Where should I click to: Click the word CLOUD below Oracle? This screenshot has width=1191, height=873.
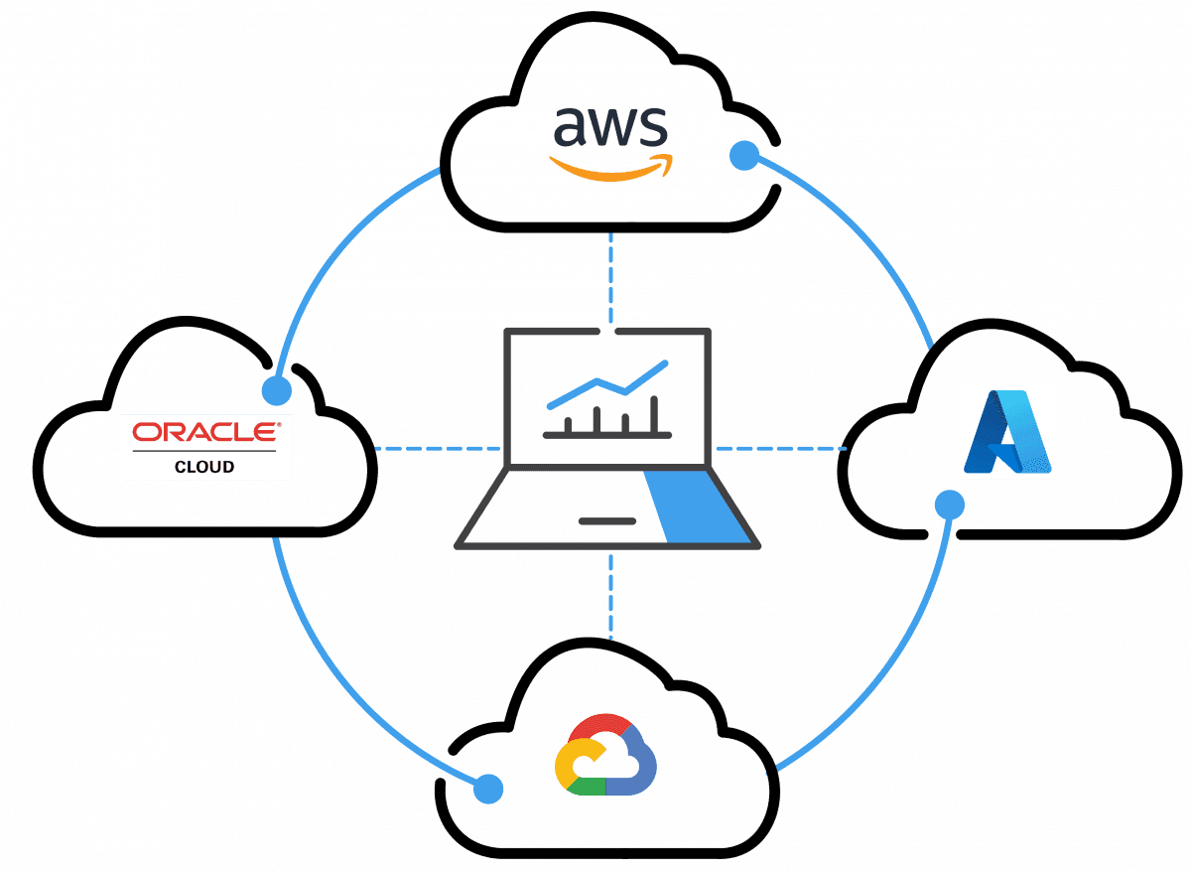(206, 466)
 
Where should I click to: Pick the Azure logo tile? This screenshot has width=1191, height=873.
(1008, 431)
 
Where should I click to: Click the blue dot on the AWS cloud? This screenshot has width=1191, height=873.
(743, 156)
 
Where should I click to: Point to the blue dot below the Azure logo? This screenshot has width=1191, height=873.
(950, 506)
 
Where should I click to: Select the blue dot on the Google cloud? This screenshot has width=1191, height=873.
(487, 789)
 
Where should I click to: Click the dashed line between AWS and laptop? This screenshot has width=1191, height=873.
(611, 278)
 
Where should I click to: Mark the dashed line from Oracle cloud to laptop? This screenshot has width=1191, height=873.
(437, 449)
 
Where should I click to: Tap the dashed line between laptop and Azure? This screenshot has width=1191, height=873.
(779, 449)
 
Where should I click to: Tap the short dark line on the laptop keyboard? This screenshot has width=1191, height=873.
(606, 519)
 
